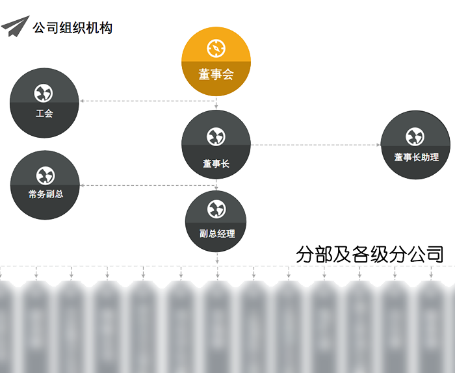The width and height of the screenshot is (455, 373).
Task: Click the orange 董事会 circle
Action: pos(216,62)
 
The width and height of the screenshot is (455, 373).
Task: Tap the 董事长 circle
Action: pos(216,144)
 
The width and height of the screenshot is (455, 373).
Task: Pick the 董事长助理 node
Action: pos(415,144)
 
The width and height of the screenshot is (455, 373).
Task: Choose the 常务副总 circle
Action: pos(45,185)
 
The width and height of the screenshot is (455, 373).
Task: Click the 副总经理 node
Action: pos(216,221)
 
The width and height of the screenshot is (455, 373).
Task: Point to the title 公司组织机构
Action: pos(72,28)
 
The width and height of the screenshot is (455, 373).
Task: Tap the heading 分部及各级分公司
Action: pos(369,254)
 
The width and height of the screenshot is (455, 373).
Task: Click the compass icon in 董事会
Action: pos(216,47)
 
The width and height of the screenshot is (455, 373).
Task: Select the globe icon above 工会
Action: pos(45,92)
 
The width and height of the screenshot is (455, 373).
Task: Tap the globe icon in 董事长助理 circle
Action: pos(415,136)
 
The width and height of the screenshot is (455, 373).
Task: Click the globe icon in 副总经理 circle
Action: pos(216,209)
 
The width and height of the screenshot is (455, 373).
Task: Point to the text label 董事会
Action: pos(216,75)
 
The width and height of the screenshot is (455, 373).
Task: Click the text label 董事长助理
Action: pos(416,157)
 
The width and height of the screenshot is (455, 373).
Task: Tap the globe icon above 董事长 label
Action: pos(216,136)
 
